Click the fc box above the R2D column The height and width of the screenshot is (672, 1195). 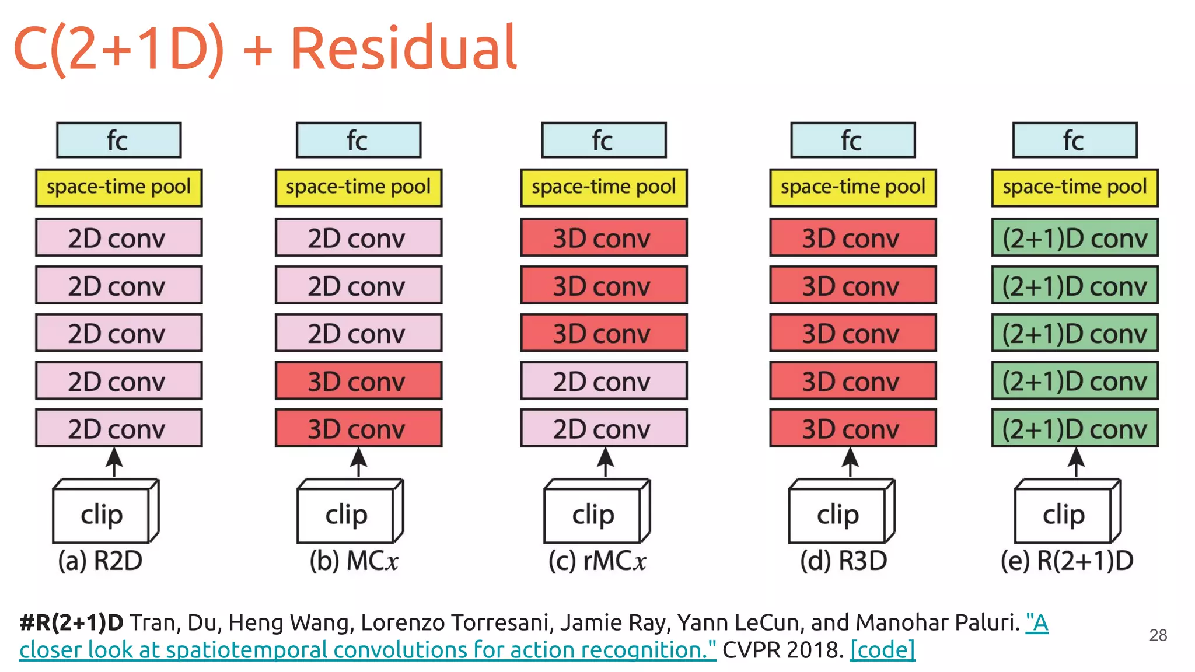(x=118, y=140)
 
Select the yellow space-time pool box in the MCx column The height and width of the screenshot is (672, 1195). (x=358, y=187)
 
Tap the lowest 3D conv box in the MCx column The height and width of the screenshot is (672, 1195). (x=358, y=428)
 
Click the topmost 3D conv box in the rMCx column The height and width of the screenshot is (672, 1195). (x=603, y=237)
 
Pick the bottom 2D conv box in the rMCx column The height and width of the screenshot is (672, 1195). (x=603, y=428)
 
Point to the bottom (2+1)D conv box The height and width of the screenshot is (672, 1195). (x=1075, y=428)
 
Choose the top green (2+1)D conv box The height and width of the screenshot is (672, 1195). (x=1075, y=237)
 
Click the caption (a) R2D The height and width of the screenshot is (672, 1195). (x=100, y=561)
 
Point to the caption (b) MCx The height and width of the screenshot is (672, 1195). (x=354, y=561)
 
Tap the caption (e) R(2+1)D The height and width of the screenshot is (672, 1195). (x=1067, y=561)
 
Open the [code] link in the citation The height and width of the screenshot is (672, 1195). (x=882, y=650)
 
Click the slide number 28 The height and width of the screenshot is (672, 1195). (x=1158, y=635)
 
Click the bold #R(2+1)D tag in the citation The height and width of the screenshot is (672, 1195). (x=71, y=623)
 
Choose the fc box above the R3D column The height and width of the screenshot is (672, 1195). (x=852, y=140)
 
